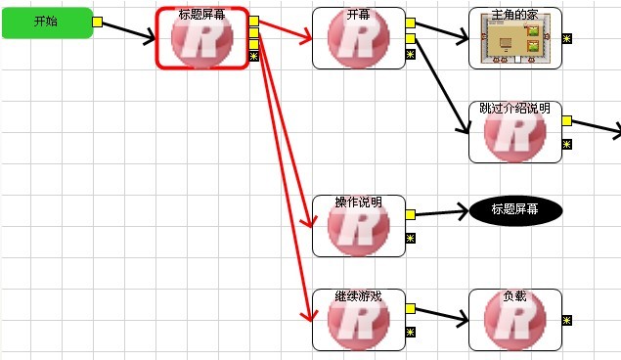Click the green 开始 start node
click(x=48, y=22)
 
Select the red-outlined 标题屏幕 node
click(x=202, y=38)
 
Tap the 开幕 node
click(x=359, y=38)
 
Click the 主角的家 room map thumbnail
click(x=514, y=38)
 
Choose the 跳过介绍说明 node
click(x=514, y=132)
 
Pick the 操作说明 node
click(x=359, y=226)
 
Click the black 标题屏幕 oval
click(x=515, y=210)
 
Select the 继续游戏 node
click(x=359, y=320)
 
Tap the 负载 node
click(x=514, y=320)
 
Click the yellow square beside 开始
click(x=97, y=22)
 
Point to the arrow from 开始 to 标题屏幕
click(x=128, y=31)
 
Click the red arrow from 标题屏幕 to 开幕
click(x=286, y=30)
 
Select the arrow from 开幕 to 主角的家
click(x=442, y=31)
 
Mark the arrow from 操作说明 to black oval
click(x=442, y=212)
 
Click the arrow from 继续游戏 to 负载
click(x=442, y=314)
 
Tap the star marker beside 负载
click(x=567, y=320)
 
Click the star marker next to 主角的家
click(x=567, y=38)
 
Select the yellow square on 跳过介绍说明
click(x=567, y=120)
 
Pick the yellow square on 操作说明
click(x=411, y=214)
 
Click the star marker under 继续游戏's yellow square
click(x=411, y=332)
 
